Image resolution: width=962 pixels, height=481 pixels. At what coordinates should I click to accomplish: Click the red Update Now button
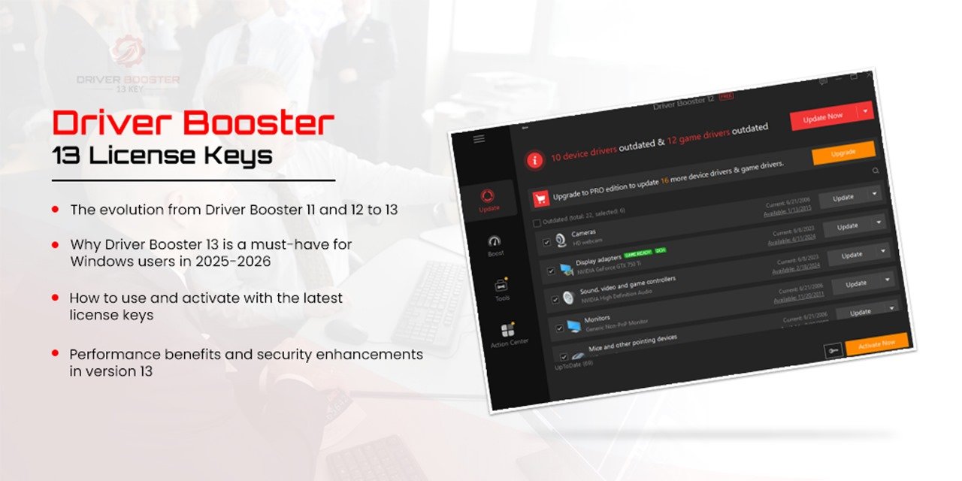tap(822, 116)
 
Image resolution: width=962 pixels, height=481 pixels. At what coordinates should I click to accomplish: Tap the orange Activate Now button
tap(876, 343)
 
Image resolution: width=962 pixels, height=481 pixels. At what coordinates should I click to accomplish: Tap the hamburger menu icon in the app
tap(479, 139)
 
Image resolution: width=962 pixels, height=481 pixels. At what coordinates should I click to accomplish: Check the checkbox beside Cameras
tap(546, 242)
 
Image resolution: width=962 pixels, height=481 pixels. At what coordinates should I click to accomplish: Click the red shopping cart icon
tap(540, 199)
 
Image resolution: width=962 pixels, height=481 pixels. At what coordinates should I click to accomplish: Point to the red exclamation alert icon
tap(534, 159)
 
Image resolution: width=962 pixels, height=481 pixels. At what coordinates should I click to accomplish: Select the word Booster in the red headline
tap(264, 123)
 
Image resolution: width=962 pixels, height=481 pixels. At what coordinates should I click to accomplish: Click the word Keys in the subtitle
tap(244, 156)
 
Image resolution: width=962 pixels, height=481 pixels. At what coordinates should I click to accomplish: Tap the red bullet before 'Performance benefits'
tap(56, 352)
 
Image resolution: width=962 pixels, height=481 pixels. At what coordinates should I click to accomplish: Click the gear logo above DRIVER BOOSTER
tap(128, 52)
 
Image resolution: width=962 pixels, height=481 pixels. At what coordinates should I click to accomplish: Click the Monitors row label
tap(597, 319)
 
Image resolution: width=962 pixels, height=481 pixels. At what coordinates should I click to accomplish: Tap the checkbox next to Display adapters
tap(552, 271)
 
